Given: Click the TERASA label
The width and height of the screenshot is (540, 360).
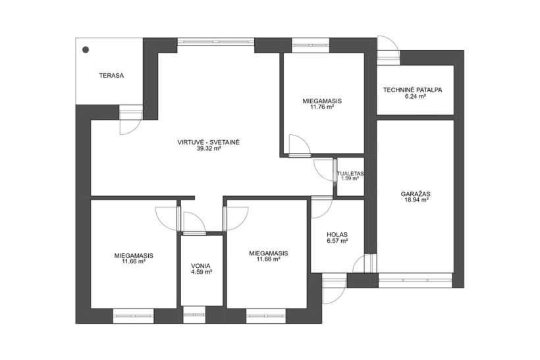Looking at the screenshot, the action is click(x=111, y=76).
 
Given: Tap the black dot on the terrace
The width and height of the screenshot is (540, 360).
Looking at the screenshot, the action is click(x=86, y=50).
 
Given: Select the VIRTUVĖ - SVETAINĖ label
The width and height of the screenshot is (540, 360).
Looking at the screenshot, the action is click(x=208, y=141).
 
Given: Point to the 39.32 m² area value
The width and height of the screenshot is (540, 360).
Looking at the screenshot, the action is click(x=209, y=148).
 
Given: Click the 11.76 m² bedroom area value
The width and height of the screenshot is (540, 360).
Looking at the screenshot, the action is click(x=322, y=107).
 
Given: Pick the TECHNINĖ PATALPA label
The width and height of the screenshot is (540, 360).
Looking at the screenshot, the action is click(x=413, y=90).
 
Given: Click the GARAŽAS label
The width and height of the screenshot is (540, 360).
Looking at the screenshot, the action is click(x=416, y=193).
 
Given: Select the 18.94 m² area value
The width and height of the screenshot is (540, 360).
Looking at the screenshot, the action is click(x=416, y=199).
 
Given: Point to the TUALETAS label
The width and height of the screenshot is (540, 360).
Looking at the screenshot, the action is click(x=350, y=174).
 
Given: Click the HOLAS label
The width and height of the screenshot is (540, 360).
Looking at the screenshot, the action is click(x=337, y=235).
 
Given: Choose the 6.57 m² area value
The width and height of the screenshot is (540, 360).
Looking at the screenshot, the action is click(x=337, y=241).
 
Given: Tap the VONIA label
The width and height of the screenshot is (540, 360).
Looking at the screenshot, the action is click(x=201, y=266).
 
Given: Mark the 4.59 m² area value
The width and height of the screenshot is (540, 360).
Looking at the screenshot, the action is click(x=202, y=272).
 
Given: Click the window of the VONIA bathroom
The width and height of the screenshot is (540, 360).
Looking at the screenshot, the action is click(x=194, y=314).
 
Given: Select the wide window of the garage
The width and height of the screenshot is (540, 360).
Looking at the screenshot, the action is click(x=415, y=280).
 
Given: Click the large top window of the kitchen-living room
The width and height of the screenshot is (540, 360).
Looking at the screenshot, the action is click(x=216, y=41).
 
